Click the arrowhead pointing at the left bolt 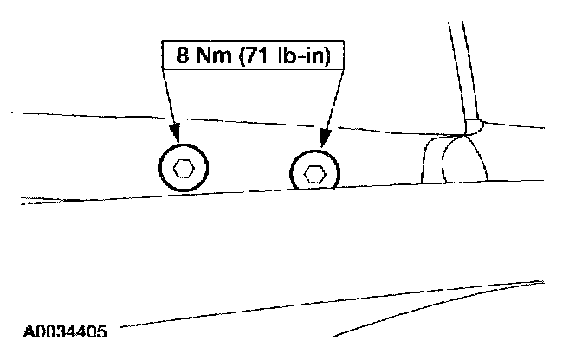click(176, 135)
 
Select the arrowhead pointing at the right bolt click(326, 138)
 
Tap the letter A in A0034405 click(29, 331)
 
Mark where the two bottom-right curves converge click(539, 282)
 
